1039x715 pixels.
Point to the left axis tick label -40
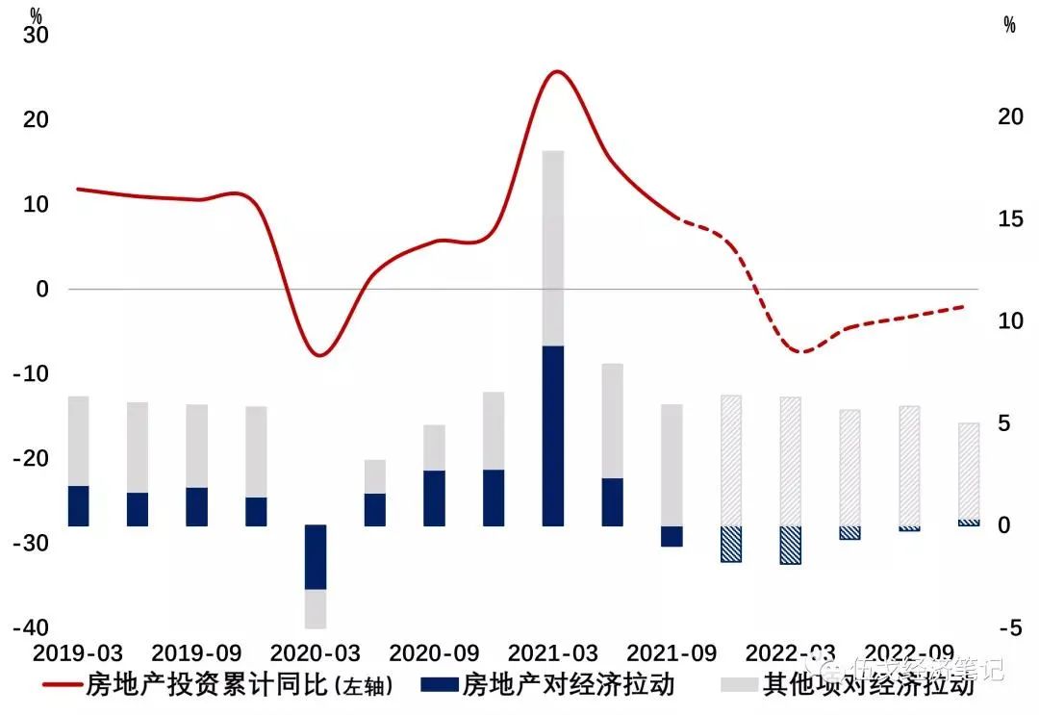click(x=31, y=627)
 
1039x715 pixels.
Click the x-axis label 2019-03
click(x=79, y=652)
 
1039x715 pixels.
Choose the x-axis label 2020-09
click(x=434, y=652)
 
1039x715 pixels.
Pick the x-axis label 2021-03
click(x=552, y=652)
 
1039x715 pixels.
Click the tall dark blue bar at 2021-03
click(x=553, y=435)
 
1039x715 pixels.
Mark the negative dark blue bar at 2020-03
click(x=316, y=556)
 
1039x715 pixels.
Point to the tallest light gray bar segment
click(x=553, y=247)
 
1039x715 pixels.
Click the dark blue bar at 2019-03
click(x=79, y=505)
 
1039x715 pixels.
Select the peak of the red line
click(x=556, y=71)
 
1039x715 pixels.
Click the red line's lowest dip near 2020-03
click(x=319, y=355)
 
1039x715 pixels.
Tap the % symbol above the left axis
click(x=37, y=15)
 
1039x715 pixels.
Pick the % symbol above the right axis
click(x=1009, y=26)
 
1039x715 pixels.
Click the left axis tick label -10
click(x=31, y=373)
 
